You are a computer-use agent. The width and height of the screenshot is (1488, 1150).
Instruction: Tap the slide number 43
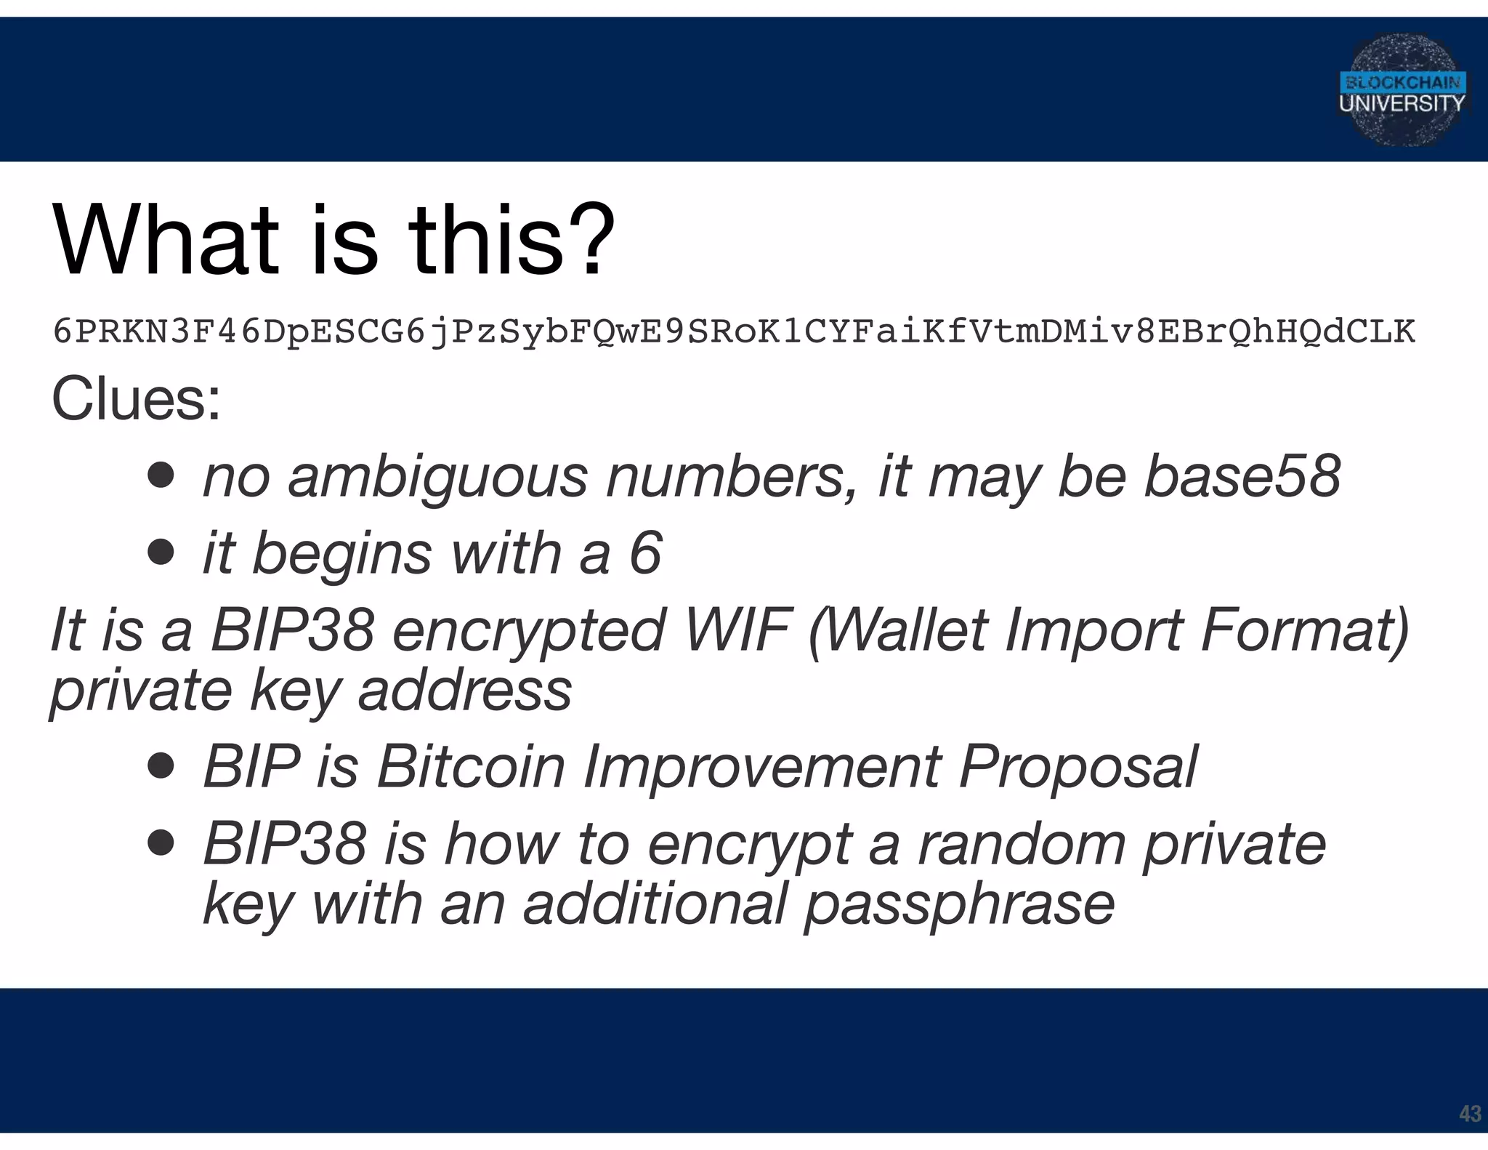point(1469,1113)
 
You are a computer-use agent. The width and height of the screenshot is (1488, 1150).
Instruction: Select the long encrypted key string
point(734,332)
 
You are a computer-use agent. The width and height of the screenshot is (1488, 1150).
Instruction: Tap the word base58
point(1242,476)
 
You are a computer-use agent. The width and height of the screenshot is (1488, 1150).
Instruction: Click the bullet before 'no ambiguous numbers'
point(161,476)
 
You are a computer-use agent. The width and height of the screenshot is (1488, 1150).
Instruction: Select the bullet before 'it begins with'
point(161,552)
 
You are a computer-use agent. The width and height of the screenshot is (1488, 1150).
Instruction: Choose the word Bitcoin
point(471,766)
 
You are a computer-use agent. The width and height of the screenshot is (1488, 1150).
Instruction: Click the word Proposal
point(1078,766)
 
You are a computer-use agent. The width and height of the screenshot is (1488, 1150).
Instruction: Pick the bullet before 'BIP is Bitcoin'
point(161,766)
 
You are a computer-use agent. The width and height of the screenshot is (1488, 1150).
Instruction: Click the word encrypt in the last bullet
point(749,845)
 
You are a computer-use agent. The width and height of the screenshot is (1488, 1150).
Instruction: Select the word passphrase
point(959,904)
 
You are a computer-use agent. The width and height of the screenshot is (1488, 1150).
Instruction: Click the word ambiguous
point(437,478)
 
